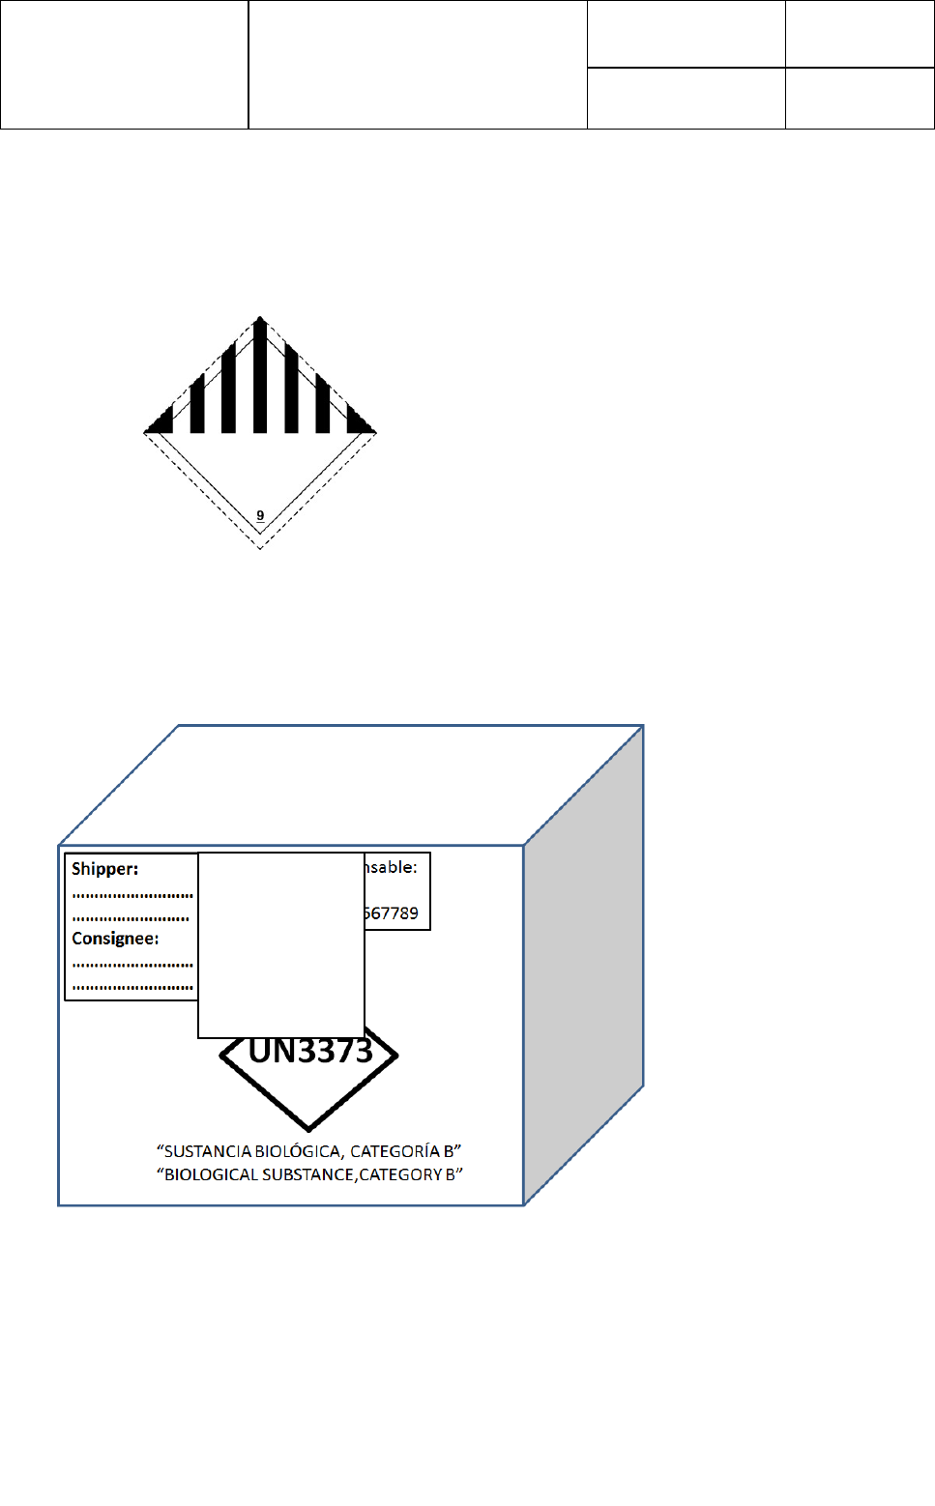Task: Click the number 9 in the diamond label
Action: [x=260, y=515]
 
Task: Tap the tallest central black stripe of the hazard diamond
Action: [x=260, y=377]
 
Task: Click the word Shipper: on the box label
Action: [x=104, y=869]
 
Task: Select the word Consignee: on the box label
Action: [x=115, y=939]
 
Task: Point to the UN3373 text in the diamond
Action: [x=310, y=1052]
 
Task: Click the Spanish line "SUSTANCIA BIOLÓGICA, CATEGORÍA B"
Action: [x=309, y=1151]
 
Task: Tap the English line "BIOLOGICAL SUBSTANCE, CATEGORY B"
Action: [x=309, y=1174]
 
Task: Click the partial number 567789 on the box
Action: [x=392, y=913]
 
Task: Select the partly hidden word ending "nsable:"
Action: [x=392, y=867]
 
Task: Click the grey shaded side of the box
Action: [x=583, y=967]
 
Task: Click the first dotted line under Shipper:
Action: [x=132, y=896]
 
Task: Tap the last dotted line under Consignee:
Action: [x=132, y=988]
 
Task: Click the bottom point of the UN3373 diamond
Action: [x=309, y=1127]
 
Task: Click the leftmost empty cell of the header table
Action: [x=124, y=65]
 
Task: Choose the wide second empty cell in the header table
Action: [x=418, y=65]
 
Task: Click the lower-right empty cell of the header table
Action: [x=860, y=99]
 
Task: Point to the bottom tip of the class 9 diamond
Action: [x=260, y=547]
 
